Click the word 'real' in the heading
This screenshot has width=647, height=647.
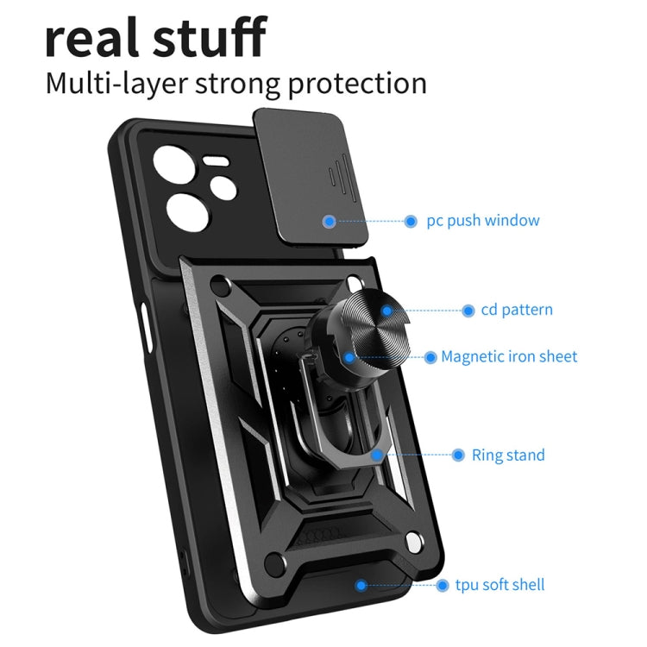point(91,37)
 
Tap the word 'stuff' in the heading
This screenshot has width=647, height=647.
point(210,36)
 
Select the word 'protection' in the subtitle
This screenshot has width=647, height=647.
point(357,85)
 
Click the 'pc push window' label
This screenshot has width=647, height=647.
point(483,221)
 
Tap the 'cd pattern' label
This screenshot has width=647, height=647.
point(517,311)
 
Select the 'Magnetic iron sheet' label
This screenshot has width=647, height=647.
point(509,356)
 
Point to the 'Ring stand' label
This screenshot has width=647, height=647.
point(508,455)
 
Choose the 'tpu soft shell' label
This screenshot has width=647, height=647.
point(499,585)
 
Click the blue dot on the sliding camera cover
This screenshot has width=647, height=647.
point(330,222)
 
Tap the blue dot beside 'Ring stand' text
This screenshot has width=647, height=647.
point(458,455)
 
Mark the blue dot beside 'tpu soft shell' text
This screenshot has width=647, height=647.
point(443,585)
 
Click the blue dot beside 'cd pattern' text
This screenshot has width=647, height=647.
point(468,311)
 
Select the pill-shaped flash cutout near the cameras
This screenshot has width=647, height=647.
point(215,161)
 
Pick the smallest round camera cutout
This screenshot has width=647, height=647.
point(223,190)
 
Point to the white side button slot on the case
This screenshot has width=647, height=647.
point(146,327)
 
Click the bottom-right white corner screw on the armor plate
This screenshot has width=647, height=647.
point(413,542)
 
